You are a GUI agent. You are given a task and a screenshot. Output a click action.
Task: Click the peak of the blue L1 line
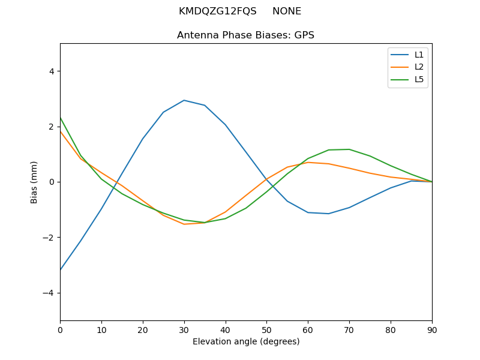tap(184, 100)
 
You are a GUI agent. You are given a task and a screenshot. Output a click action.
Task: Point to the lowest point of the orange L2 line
tap(184, 224)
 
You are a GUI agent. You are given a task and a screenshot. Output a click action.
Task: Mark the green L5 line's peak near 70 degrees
tap(349, 149)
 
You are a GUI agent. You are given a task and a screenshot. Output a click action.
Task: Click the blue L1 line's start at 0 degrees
tap(61, 269)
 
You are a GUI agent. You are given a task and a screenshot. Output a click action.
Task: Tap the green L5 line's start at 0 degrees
tap(61, 118)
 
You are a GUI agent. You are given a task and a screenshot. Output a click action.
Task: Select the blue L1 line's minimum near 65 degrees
tap(328, 214)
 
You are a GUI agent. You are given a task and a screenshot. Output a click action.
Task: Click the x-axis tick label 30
tap(184, 329)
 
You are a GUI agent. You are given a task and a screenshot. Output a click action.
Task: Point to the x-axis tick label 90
tap(431, 329)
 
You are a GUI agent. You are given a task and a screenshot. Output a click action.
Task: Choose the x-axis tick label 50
tap(266, 329)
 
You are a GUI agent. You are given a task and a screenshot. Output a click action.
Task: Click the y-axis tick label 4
tap(51, 71)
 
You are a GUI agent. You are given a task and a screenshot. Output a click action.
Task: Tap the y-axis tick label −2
tap(49, 238)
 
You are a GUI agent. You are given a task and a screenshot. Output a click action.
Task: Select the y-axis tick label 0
tap(51, 182)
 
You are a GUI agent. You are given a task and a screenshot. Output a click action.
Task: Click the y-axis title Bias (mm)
tap(35, 182)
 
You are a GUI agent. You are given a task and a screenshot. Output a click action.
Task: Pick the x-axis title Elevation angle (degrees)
tap(246, 341)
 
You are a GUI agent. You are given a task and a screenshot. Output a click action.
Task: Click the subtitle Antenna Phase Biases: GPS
tap(246, 35)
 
